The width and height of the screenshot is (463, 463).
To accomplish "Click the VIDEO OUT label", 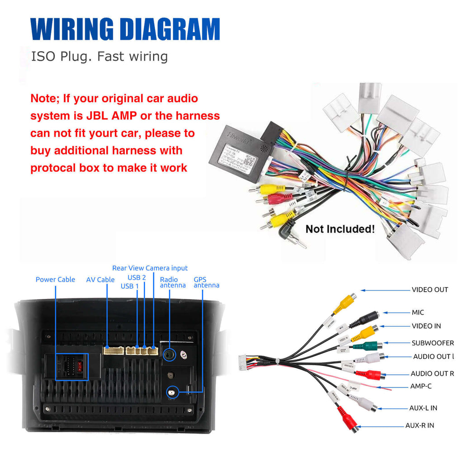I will pos(430,290).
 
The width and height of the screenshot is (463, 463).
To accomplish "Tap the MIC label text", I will pos(418,312).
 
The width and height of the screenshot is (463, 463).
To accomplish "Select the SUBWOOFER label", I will pos(432,343).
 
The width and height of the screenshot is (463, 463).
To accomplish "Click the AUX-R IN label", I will pos(419,425).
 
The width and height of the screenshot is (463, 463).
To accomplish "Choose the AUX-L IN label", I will pos(423,408).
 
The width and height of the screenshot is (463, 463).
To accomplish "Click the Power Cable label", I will pos(55,279).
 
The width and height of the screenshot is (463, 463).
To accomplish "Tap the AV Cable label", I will pos(100,280).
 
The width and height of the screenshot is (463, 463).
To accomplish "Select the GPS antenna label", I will pos(206,283).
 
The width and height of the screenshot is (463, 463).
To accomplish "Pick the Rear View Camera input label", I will pos(150,268).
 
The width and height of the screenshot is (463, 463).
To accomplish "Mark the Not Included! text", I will pos(340,229).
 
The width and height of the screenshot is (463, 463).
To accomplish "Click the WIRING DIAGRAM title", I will pos(125,29).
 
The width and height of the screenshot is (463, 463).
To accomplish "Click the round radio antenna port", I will pos(169,355).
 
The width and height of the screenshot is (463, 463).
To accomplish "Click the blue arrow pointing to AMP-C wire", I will pos(396,387).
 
